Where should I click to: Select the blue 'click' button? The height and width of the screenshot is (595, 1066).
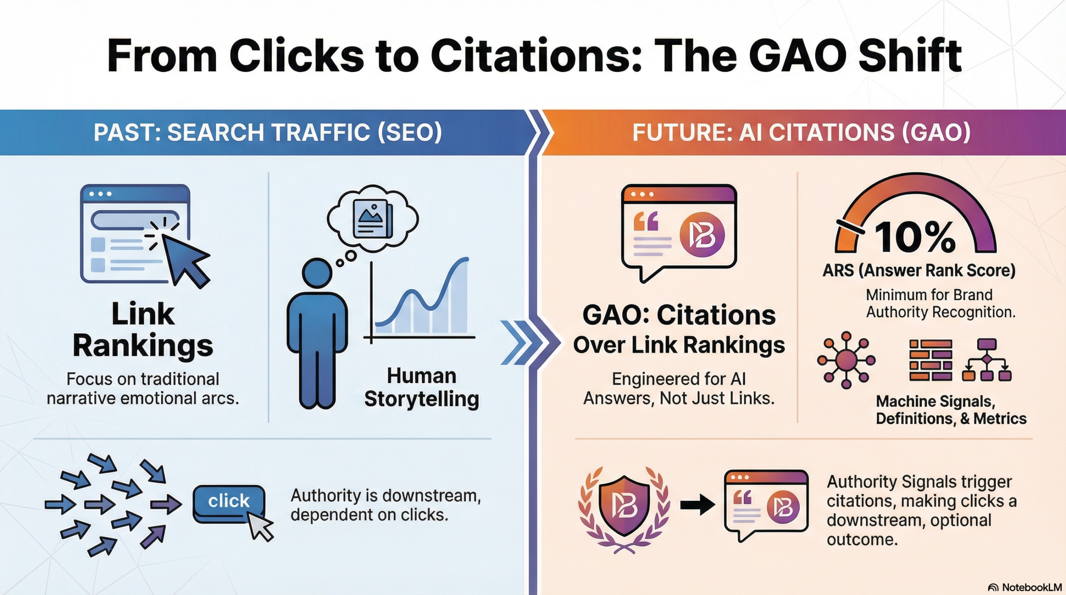[x=228, y=501]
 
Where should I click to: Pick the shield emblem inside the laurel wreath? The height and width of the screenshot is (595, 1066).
[x=624, y=505]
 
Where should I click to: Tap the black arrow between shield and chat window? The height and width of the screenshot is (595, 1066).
[x=697, y=505]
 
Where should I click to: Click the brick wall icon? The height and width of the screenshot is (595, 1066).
[x=930, y=360]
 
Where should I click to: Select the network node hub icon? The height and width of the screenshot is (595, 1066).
[x=846, y=360]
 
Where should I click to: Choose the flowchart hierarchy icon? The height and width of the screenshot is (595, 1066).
[x=986, y=360]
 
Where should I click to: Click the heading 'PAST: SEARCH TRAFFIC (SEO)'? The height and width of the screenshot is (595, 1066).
[x=268, y=132]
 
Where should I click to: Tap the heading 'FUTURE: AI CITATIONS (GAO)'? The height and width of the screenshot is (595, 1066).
[x=801, y=132]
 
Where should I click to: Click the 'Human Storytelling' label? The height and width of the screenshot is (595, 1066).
[x=421, y=387]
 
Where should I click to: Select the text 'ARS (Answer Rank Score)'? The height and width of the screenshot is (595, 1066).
[x=919, y=271]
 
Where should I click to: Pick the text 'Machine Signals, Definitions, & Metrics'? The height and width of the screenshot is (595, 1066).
[x=951, y=410]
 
